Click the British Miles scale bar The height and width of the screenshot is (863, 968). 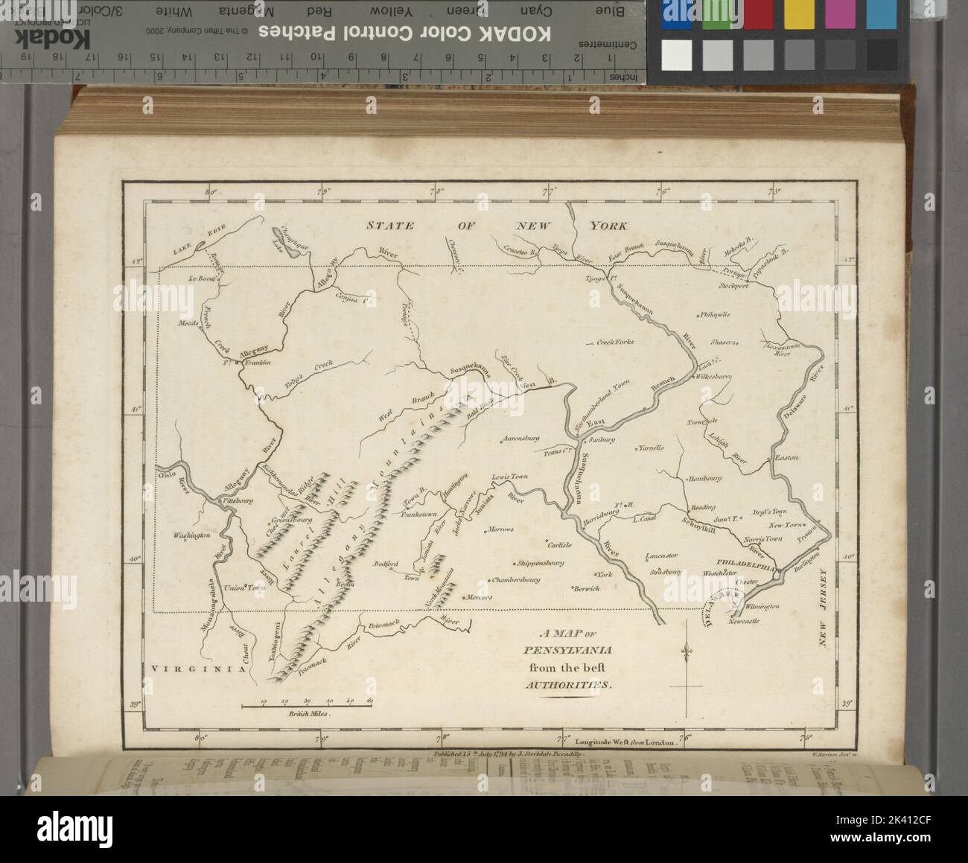(x=307, y=703)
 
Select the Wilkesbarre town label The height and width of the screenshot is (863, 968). (x=714, y=378)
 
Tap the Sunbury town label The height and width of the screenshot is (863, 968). (x=605, y=439)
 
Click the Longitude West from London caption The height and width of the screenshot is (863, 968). (x=621, y=742)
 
